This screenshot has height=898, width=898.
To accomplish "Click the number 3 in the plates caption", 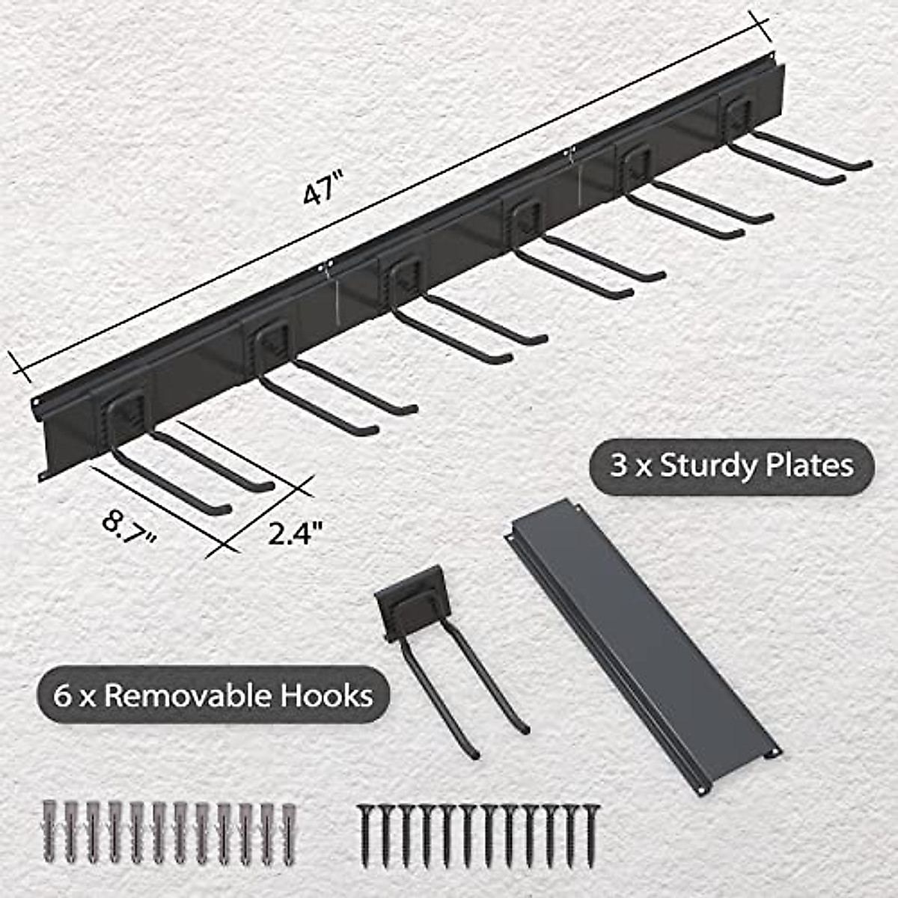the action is point(617,465).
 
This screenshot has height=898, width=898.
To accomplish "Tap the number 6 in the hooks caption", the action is point(62,696).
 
